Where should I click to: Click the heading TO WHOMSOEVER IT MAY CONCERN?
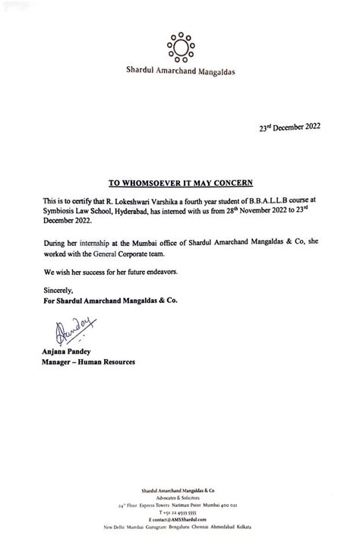(179, 183)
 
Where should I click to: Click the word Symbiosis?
(58, 209)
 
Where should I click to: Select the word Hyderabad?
(152, 209)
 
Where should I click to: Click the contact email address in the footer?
(180, 518)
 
